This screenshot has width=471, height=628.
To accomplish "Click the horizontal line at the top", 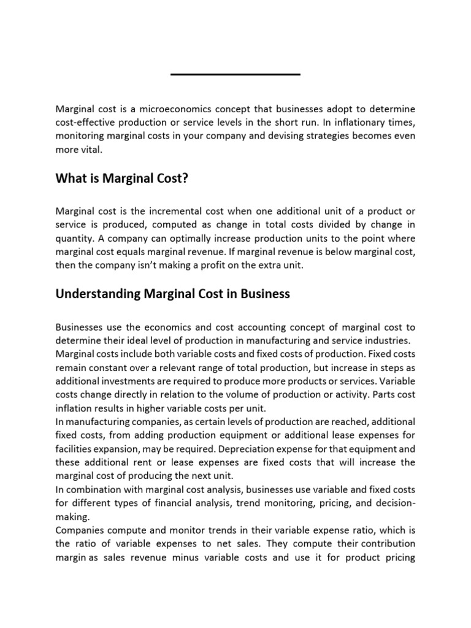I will point(235,74).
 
